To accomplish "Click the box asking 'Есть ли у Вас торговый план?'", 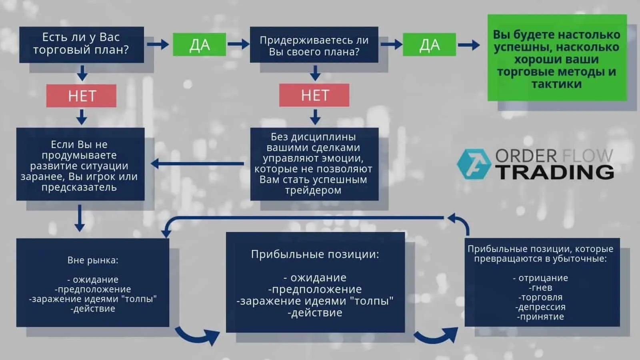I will point(81,44).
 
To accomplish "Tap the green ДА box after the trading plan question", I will point(199,44).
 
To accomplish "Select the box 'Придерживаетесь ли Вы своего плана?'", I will point(314,45).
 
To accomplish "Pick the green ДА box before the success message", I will point(429,44).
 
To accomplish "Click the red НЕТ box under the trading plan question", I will point(81,96).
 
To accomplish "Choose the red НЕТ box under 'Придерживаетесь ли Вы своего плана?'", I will point(314,95).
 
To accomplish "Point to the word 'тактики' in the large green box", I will point(556,84).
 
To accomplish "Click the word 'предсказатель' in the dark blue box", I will point(79,187).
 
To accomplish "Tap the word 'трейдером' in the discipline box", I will point(313,190).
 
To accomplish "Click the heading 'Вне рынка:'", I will point(93,260).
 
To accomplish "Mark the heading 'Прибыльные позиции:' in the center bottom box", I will point(315,254).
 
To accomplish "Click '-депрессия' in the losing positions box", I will point(540,307).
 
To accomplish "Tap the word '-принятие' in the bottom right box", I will point(540,317).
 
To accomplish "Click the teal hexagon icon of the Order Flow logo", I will point(474,164).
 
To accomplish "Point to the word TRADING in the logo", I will point(555,172).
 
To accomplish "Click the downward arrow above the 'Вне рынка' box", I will point(80,218).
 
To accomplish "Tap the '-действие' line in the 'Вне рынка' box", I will point(93,309).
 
